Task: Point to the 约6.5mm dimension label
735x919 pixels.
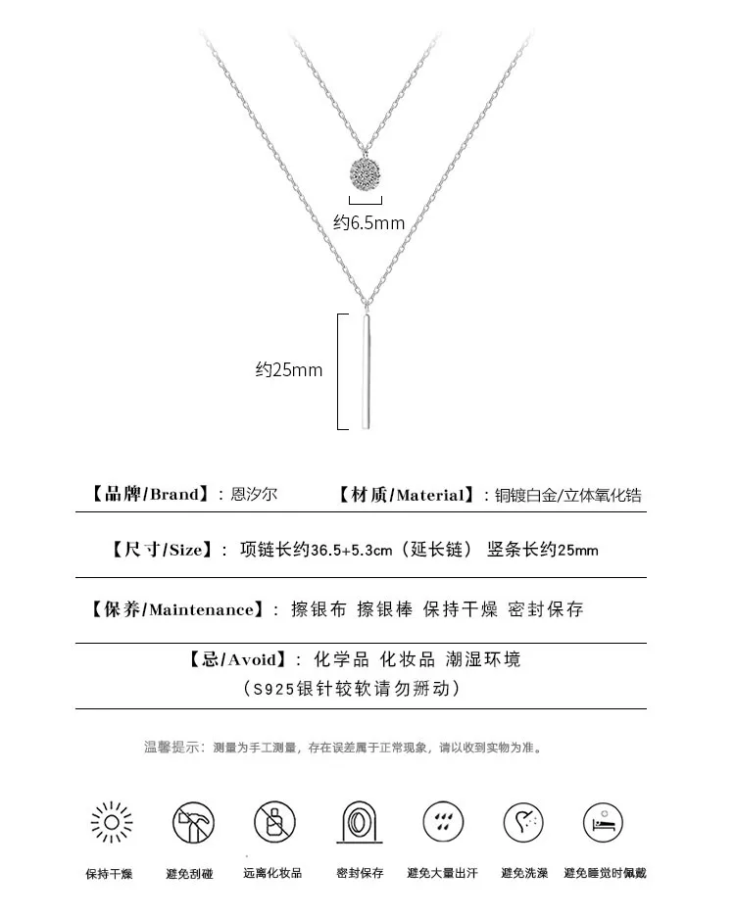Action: click(x=368, y=223)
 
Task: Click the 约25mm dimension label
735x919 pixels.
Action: click(x=289, y=370)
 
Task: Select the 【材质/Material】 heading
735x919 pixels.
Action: click(x=406, y=495)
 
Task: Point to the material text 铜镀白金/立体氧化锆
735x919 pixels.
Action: click(x=569, y=495)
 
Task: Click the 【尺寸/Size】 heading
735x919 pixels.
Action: click(x=160, y=550)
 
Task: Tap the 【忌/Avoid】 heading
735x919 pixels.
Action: click(x=236, y=659)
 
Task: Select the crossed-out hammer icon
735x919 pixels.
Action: click(x=193, y=820)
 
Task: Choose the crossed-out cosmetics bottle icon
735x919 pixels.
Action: click(x=274, y=820)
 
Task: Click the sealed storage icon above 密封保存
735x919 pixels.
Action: click(x=359, y=820)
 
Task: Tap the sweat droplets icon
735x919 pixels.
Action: click(x=442, y=820)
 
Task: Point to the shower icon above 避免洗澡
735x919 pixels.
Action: click(x=523, y=820)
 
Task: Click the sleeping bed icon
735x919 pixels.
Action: click(x=604, y=820)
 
